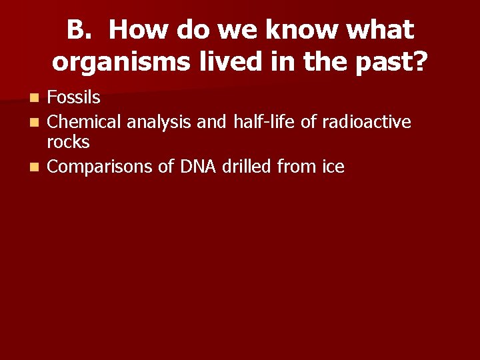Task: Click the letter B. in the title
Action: [81, 30]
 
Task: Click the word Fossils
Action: [74, 98]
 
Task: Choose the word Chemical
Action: [85, 121]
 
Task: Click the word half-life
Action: [262, 121]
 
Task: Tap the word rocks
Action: [68, 142]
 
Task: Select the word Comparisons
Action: [100, 167]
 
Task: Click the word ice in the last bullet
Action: [333, 167]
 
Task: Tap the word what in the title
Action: [383, 30]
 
